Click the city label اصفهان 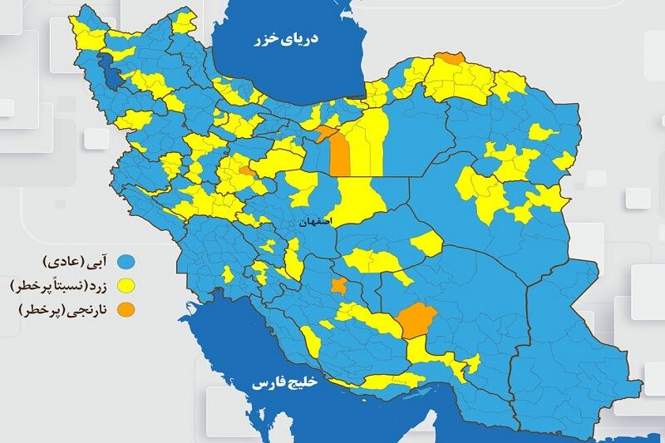coord(318,223)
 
